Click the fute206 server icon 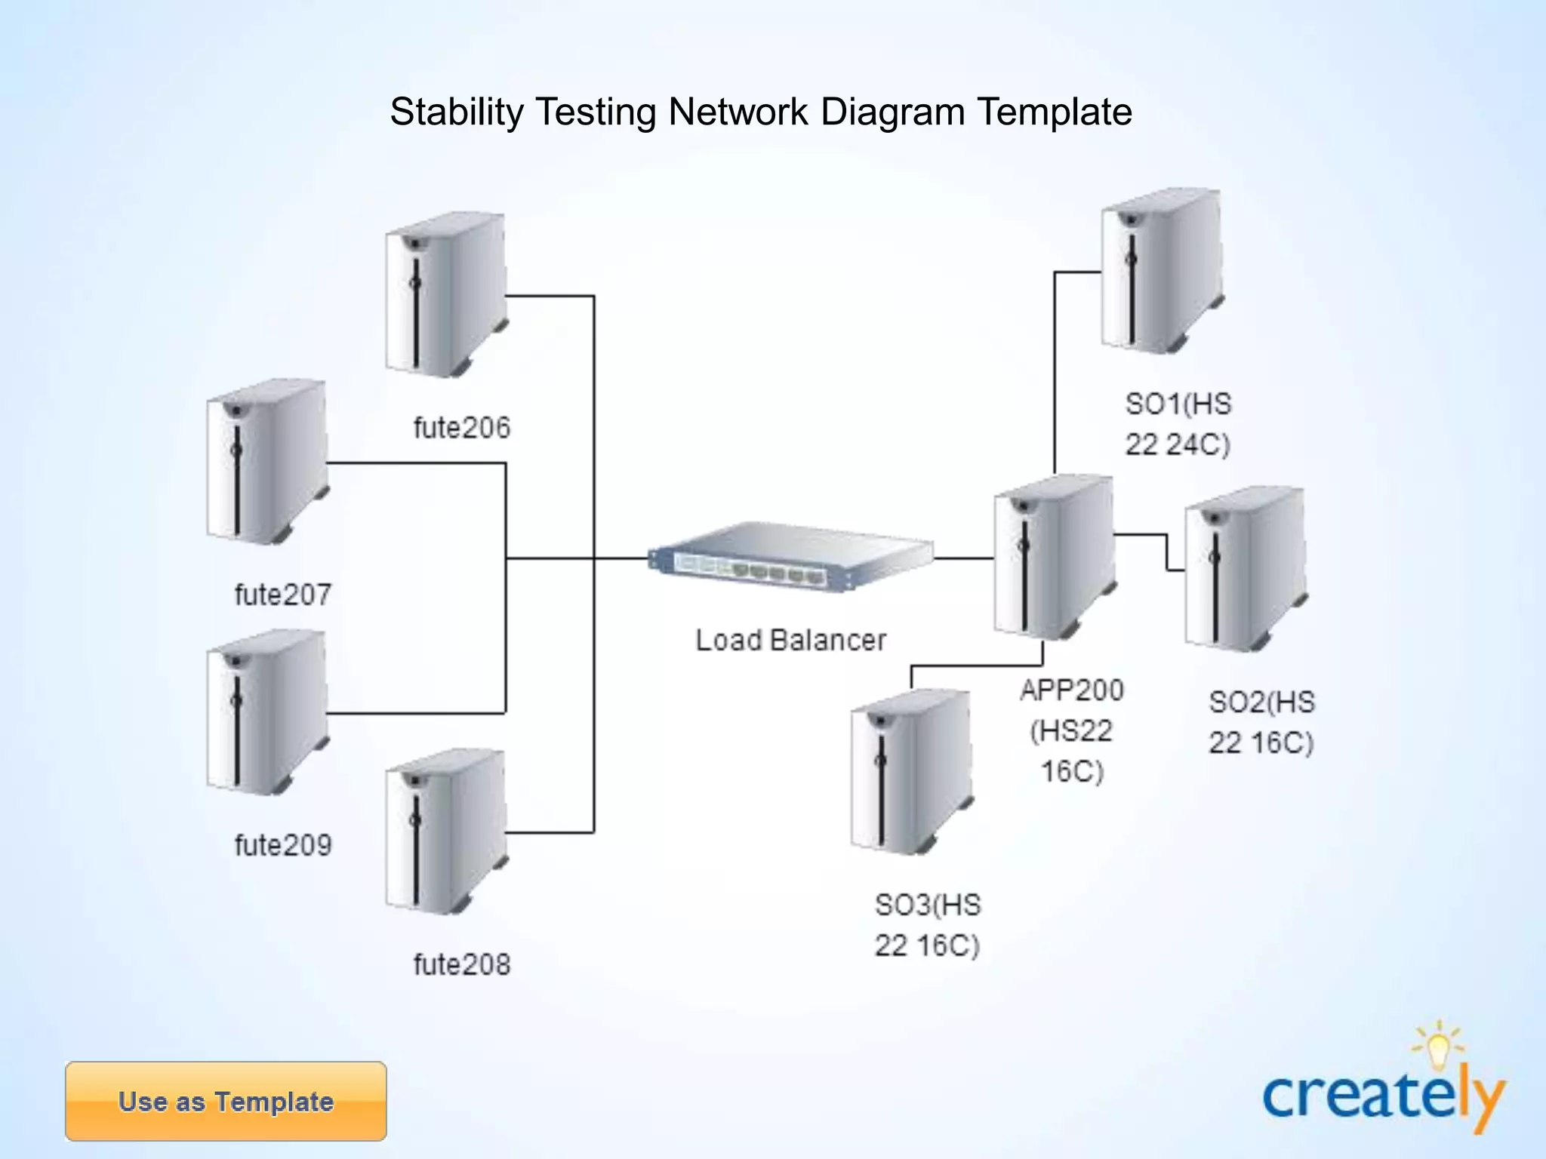click(445, 296)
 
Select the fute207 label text click(282, 595)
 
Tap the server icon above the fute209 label click(267, 712)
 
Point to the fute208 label click(461, 964)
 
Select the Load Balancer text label click(790, 641)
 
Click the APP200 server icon click(1054, 557)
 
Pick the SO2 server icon click(1246, 569)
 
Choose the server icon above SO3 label click(911, 771)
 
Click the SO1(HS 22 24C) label click(1178, 424)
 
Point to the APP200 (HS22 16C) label click(1071, 730)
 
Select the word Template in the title click(1055, 112)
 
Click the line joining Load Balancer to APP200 click(964, 558)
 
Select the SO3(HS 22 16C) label click(927, 925)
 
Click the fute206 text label click(461, 428)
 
